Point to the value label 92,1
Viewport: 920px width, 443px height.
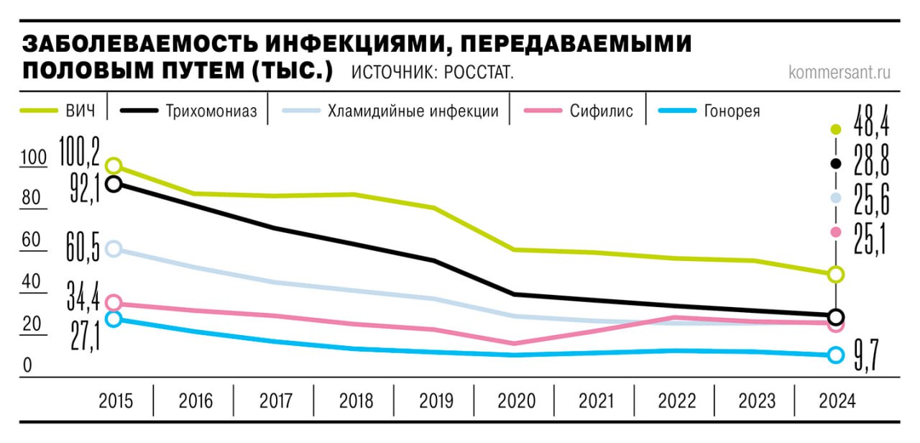84,188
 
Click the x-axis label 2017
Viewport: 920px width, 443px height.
275,401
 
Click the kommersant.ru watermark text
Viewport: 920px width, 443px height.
839,73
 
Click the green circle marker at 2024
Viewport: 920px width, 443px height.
835,274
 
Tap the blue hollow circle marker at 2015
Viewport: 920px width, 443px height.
113,319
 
